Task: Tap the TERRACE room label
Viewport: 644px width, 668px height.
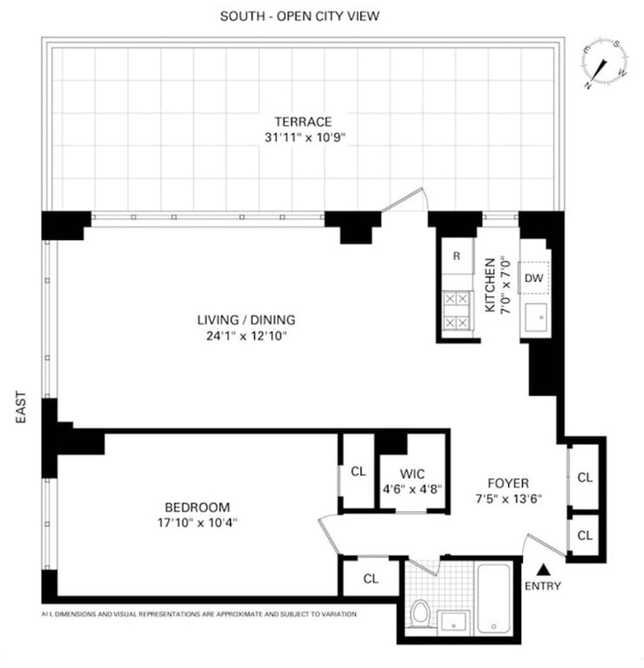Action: (x=303, y=122)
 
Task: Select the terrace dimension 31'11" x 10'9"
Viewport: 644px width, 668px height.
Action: (x=303, y=137)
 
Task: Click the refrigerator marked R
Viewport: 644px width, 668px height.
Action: (x=456, y=256)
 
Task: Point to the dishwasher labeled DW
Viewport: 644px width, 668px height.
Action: (x=534, y=278)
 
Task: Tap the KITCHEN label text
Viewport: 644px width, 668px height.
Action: (x=490, y=285)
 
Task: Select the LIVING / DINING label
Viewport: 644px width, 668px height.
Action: (x=246, y=320)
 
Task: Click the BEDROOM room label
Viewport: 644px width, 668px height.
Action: (x=197, y=507)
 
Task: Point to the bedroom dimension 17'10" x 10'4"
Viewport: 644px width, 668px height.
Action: (x=197, y=523)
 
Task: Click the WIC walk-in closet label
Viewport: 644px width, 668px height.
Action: (x=412, y=474)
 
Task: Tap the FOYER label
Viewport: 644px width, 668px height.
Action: (x=508, y=483)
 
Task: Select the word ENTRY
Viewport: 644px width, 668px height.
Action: (x=543, y=586)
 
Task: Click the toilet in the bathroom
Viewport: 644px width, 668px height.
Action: (x=420, y=614)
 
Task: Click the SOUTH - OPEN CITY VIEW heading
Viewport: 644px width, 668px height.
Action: (x=299, y=16)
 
